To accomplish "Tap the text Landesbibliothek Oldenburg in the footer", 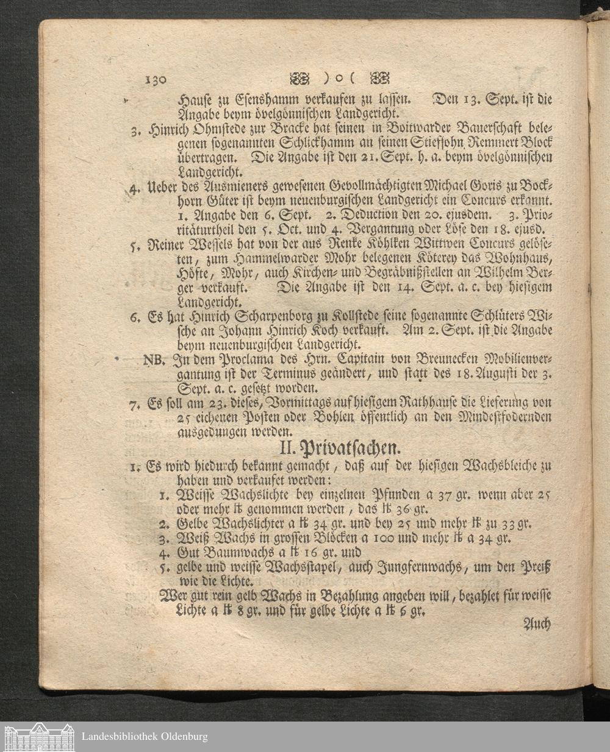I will [144, 737].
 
